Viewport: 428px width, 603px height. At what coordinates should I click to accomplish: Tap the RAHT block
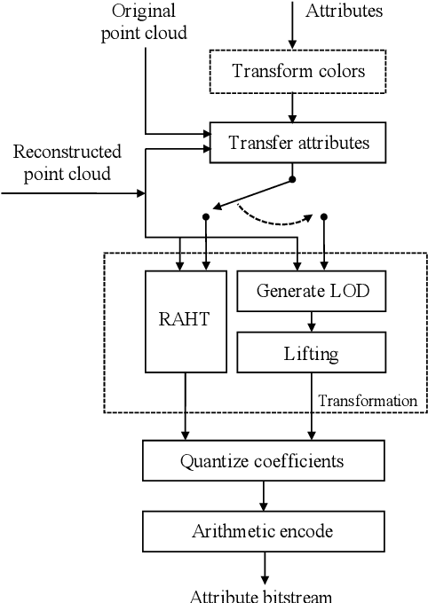point(186,320)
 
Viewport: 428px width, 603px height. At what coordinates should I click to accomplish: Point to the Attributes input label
point(344,12)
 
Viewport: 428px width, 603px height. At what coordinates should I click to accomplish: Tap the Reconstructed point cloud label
point(62,162)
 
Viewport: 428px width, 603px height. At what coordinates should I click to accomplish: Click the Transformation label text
point(368,401)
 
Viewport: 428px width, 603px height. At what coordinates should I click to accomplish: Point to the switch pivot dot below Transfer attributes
point(293,180)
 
